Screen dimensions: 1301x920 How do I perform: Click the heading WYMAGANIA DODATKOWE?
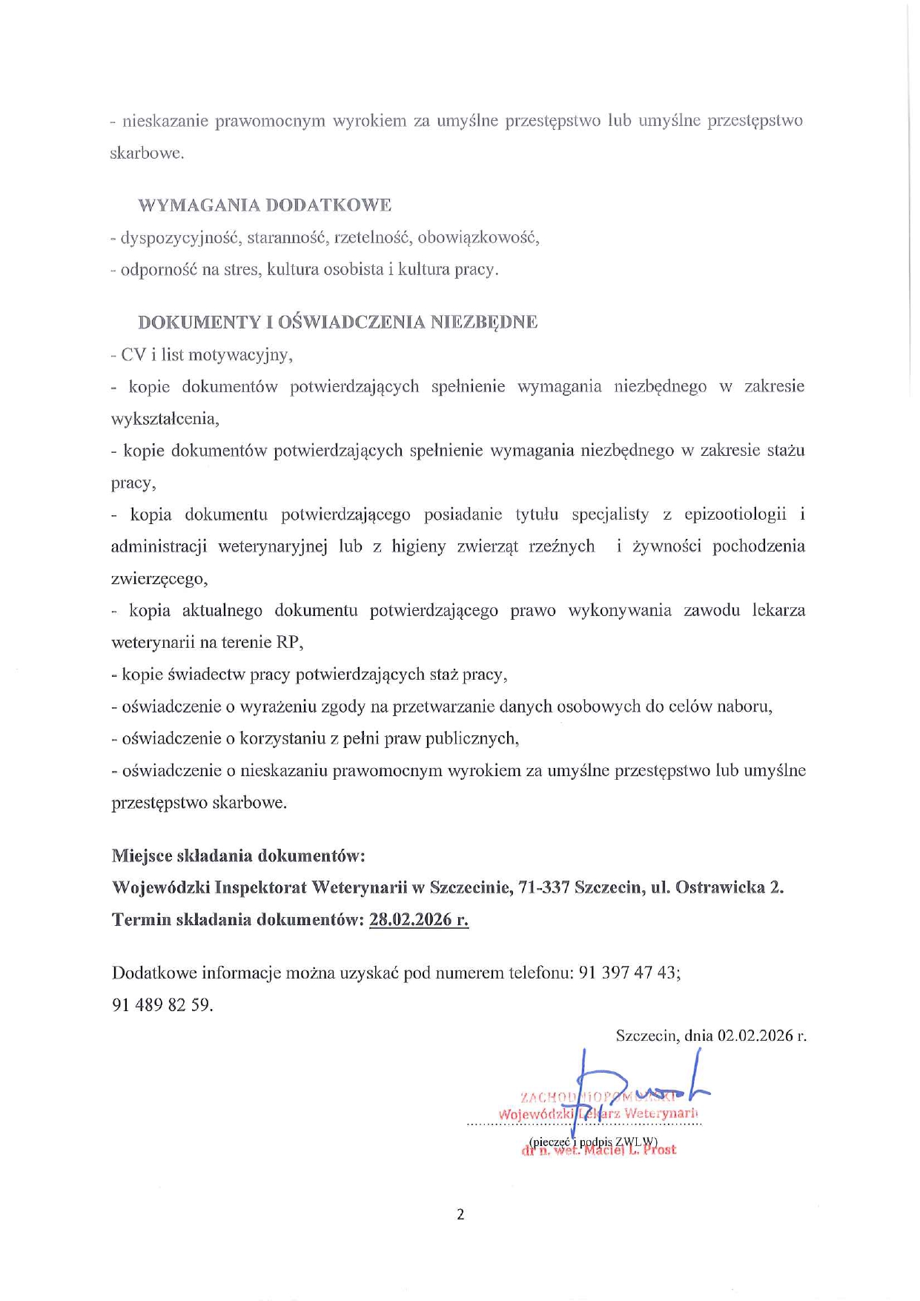265,205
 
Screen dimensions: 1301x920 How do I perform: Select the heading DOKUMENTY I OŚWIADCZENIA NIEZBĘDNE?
337,322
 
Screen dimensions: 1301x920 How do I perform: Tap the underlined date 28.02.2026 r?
418,920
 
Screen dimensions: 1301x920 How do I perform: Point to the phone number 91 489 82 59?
162,1004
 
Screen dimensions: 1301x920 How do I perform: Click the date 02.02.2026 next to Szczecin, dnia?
755,1036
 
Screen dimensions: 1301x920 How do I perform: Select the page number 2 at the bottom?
460,1214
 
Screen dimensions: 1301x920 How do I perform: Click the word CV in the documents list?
133,354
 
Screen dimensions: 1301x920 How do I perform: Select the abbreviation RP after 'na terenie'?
288,642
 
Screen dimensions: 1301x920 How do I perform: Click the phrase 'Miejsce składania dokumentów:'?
238,855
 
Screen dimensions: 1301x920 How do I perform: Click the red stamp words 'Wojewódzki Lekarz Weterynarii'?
598,1113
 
